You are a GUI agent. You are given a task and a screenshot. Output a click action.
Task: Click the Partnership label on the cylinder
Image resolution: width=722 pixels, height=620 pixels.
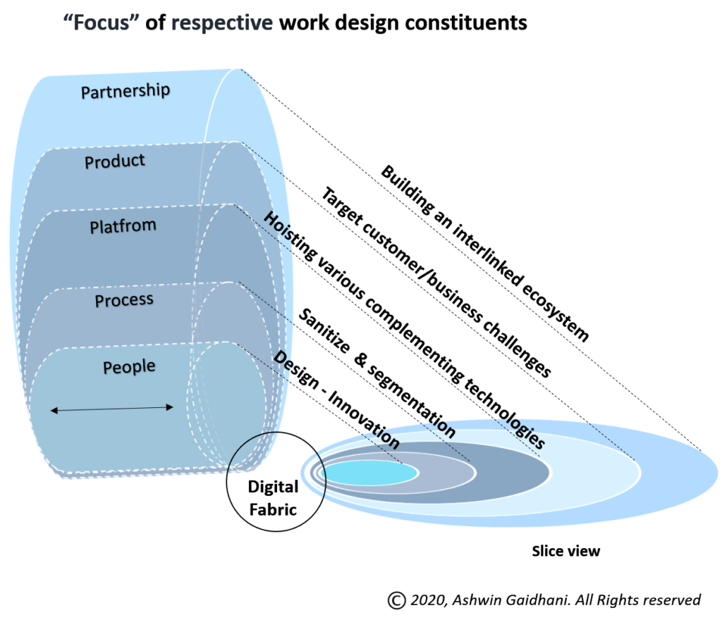pyautogui.click(x=126, y=91)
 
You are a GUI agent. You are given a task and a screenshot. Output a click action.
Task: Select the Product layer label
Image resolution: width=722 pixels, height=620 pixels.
pyautogui.click(x=115, y=161)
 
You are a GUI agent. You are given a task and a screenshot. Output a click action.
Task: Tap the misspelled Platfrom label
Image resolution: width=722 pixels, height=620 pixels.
pyautogui.click(x=123, y=226)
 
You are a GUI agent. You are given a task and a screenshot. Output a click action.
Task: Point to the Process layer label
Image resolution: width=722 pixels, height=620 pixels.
pyautogui.click(x=124, y=300)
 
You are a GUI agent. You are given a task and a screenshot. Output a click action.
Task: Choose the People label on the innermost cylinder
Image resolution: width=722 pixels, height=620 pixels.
pyautogui.click(x=129, y=367)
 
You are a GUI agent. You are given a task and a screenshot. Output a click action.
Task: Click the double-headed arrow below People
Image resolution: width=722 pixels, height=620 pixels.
pyautogui.click(x=112, y=409)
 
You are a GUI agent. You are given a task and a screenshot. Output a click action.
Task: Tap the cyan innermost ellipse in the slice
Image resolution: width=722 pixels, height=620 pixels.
pyautogui.click(x=371, y=473)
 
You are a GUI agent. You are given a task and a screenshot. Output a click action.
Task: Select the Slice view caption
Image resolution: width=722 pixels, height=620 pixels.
pyautogui.click(x=566, y=551)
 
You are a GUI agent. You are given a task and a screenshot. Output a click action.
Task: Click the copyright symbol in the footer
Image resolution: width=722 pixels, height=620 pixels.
pyautogui.click(x=396, y=600)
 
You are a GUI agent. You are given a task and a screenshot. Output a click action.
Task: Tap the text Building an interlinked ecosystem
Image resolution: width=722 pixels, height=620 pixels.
pyautogui.click(x=485, y=254)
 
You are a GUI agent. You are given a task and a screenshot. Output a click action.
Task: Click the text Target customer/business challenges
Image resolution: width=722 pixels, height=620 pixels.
pyautogui.click(x=436, y=282)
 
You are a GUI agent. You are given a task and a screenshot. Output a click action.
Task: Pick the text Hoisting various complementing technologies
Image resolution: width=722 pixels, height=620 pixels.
pyautogui.click(x=404, y=330)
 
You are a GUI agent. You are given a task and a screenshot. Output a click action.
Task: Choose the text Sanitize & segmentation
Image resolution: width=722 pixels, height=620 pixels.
pyautogui.click(x=377, y=373)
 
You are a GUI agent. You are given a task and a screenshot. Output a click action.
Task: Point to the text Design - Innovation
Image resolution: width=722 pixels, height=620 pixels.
pyautogui.click(x=336, y=399)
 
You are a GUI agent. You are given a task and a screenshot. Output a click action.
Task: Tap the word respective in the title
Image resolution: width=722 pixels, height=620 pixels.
pyautogui.click(x=222, y=23)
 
